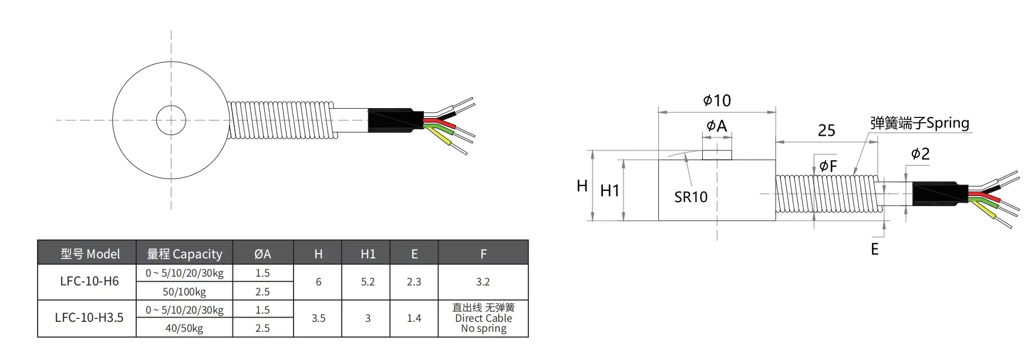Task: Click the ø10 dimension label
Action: point(717,100)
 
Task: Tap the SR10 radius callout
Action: point(690,197)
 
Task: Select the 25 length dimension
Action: point(826,130)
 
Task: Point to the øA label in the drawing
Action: point(717,126)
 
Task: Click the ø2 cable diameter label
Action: point(920,154)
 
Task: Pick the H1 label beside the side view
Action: point(609,190)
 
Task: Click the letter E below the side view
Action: point(874,250)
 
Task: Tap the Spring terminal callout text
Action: point(919,123)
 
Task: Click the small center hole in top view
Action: point(171,120)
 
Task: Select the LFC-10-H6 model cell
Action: point(89,281)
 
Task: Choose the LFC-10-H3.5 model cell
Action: point(89,318)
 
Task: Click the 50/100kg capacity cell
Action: point(184,291)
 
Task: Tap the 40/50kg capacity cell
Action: point(184,328)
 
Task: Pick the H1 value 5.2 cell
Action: point(368,282)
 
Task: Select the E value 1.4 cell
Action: point(414,318)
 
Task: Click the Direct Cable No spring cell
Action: point(483,318)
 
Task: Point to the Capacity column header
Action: point(184,254)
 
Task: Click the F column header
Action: point(483,254)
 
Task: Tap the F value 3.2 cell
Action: point(483,282)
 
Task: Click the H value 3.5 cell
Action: point(318,318)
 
